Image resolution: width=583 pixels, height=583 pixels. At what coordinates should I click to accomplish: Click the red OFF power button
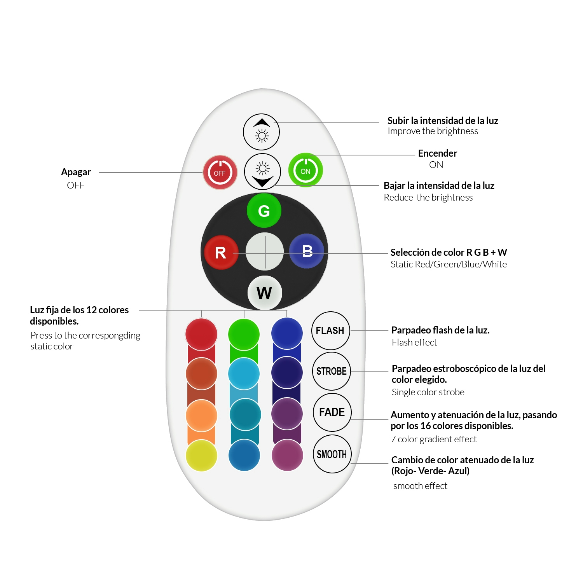click(x=220, y=173)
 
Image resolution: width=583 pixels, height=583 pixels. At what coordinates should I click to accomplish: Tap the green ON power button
click(x=305, y=170)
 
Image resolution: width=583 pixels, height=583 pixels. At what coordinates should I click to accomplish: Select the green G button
click(x=264, y=211)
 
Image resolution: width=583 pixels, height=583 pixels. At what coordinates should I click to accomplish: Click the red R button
click(x=221, y=253)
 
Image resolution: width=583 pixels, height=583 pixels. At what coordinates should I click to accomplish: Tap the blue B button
click(x=307, y=251)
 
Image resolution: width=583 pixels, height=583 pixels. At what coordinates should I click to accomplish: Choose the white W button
click(x=264, y=293)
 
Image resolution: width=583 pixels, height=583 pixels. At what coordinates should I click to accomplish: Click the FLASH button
click(x=330, y=331)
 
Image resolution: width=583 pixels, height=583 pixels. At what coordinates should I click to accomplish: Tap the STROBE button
click(x=332, y=371)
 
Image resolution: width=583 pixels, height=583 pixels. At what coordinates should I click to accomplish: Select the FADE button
click(x=332, y=412)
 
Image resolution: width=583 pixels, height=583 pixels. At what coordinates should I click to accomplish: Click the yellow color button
click(x=201, y=456)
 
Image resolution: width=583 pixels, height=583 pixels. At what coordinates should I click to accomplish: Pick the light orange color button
click(x=201, y=415)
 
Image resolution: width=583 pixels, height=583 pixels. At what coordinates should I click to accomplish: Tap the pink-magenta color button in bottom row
click(x=287, y=455)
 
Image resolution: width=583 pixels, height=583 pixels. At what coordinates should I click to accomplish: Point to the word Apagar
click(x=76, y=172)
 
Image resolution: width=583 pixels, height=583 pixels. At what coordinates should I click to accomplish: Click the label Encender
click(x=437, y=153)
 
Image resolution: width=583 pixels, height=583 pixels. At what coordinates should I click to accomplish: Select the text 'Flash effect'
click(x=414, y=342)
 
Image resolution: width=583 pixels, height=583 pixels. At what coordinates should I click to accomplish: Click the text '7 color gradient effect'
click(x=433, y=439)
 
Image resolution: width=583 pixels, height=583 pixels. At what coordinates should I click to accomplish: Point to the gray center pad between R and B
click(x=265, y=251)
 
